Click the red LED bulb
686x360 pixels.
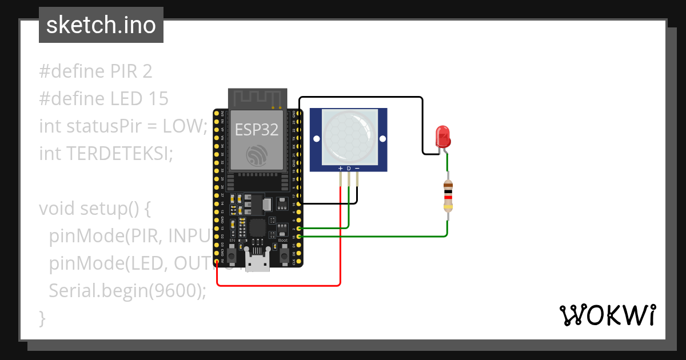point(443,136)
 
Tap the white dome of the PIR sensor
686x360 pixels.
point(349,136)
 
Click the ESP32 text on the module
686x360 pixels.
point(257,130)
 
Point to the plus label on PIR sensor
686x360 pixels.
point(341,169)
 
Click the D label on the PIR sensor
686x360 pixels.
point(349,169)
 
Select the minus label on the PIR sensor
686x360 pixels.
point(357,169)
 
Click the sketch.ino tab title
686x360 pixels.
point(101,25)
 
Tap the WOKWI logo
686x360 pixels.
point(607,315)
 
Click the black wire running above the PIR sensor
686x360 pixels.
point(360,97)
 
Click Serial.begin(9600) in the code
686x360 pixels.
point(127,290)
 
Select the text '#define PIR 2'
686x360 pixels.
point(95,71)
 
